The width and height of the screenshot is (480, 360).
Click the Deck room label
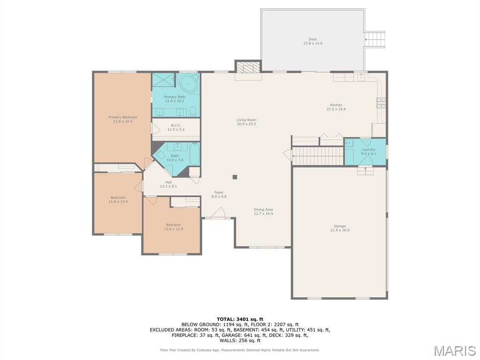[313, 39]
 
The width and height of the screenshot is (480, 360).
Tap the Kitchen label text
[336, 105]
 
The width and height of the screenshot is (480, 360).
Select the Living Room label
[247, 120]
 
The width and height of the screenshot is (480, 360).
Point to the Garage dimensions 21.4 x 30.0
[340, 230]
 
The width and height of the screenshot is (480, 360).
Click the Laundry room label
[368, 150]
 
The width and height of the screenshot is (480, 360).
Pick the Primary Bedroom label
[123, 117]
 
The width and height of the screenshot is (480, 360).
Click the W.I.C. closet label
[176, 126]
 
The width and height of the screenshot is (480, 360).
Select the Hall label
[168, 182]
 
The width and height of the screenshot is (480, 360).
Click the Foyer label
[219, 193]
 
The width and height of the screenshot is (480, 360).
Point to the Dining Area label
[263, 210]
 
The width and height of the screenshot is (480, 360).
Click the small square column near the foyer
[235, 177]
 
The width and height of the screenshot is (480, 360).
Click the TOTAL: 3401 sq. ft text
[240, 319]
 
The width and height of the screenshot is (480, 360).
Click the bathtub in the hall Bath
[195, 154]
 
